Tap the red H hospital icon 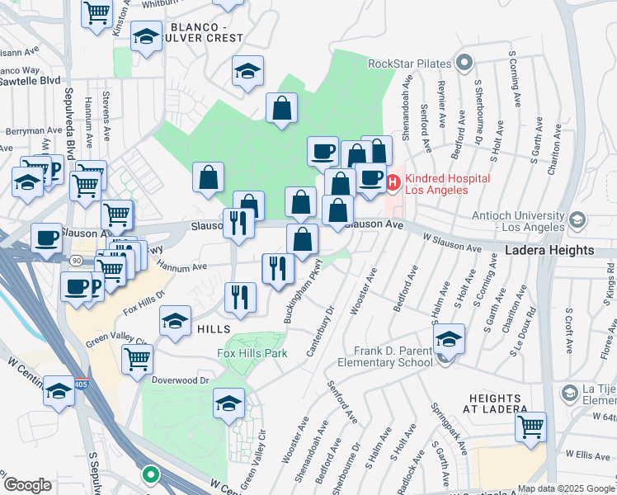click(x=393, y=181)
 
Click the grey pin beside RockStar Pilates click(x=464, y=63)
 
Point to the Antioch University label click(x=504, y=222)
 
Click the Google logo click(x=27, y=485)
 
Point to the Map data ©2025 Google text click(x=566, y=488)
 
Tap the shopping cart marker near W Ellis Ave click(x=531, y=427)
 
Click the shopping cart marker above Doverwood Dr click(x=137, y=358)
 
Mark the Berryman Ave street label click(x=34, y=130)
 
